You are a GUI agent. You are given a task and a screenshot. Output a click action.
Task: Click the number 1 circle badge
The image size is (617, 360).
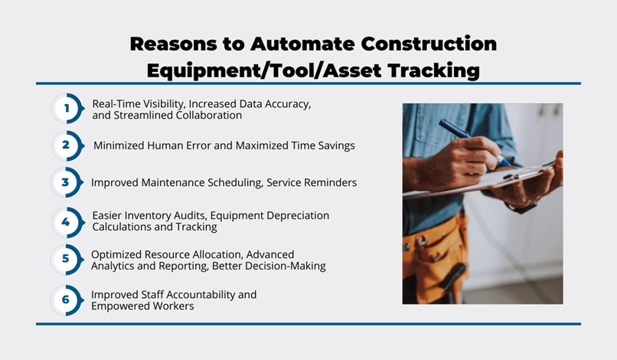(x=67, y=108)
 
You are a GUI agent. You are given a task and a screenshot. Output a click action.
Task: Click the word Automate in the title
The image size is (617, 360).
(x=302, y=44)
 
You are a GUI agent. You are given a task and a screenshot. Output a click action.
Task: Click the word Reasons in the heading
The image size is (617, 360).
(x=173, y=44)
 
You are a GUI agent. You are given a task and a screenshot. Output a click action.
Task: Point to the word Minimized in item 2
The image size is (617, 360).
(x=119, y=146)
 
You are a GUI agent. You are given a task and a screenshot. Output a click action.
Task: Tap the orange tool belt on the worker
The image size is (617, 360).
(x=436, y=252)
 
